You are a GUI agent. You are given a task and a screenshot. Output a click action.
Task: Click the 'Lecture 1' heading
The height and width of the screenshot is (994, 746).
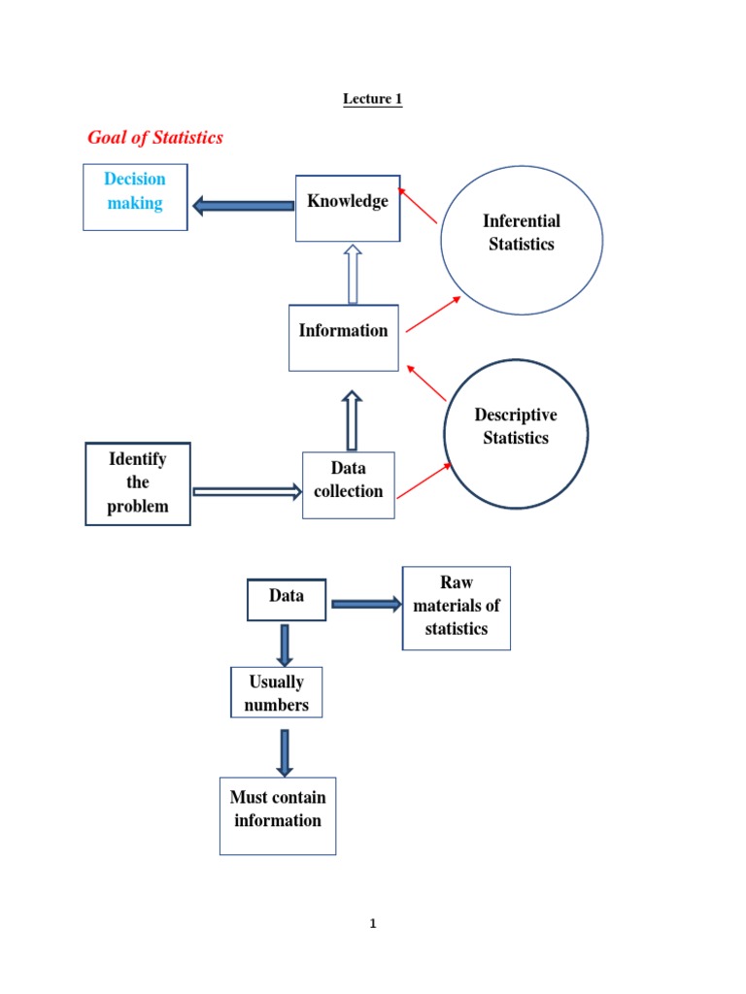tap(372, 99)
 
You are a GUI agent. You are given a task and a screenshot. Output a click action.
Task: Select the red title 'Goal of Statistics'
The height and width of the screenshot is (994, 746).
tap(155, 138)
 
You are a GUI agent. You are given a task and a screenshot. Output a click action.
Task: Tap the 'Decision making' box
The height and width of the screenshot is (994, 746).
tap(135, 197)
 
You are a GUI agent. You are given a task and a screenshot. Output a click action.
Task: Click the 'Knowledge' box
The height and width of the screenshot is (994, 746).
tap(348, 208)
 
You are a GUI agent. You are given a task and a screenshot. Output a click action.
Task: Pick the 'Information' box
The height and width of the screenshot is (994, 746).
tap(343, 337)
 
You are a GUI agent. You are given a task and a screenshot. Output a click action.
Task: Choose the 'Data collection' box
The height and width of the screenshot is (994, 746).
tap(348, 484)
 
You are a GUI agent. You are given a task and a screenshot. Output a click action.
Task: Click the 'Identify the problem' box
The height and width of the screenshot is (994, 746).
tap(138, 483)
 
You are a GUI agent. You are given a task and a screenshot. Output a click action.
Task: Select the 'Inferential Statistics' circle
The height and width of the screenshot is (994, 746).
tap(522, 240)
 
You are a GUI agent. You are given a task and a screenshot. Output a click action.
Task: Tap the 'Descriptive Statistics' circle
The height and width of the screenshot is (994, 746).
tap(516, 433)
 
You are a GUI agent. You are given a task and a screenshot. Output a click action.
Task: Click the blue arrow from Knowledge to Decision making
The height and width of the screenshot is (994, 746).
tap(243, 205)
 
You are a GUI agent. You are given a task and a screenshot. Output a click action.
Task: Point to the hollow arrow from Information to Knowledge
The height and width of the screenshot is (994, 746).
tap(352, 275)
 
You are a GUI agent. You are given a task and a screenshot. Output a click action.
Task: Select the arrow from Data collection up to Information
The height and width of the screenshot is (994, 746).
tap(352, 420)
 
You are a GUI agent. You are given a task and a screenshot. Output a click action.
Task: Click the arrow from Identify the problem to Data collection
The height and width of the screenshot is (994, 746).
tap(247, 492)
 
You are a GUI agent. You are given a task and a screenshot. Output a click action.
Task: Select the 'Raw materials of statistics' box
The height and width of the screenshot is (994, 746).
tap(456, 608)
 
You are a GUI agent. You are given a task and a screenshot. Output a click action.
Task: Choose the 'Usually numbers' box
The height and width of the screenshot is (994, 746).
tap(276, 692)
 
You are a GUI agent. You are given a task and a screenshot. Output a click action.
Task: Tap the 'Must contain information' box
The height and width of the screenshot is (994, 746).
tap(278, 815)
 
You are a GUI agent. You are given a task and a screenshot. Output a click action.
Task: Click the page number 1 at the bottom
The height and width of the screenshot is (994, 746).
tap(372, 924)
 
